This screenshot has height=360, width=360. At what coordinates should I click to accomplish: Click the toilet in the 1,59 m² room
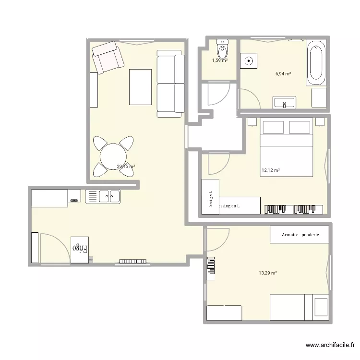pyautogui.click(x=222, y=48)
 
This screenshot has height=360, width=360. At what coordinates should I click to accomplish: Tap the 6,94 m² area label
pyautogui.click(x=284, y=74)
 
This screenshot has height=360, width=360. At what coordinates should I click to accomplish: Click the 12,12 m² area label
pyautogui.click(x=270, y=170)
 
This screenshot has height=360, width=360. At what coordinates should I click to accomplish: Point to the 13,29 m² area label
pyautogui.click(x=268, y=273)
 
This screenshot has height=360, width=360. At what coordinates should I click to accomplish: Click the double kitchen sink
pyautogui.click(x=103, y=196)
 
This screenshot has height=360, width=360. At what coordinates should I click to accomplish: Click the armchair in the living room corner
pyautogui.click(x=108, y=57)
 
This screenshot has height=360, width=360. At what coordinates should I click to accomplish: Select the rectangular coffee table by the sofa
pyautogui.click(x=141, y=86)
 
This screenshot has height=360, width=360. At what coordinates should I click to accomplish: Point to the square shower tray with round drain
pyautogui.click(x=249, y=61)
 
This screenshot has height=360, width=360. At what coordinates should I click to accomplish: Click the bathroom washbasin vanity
pyautogui.click(x=285, y=102)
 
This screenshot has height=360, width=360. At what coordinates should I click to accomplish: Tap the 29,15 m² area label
pyautogui.click(x=126, y=167)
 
